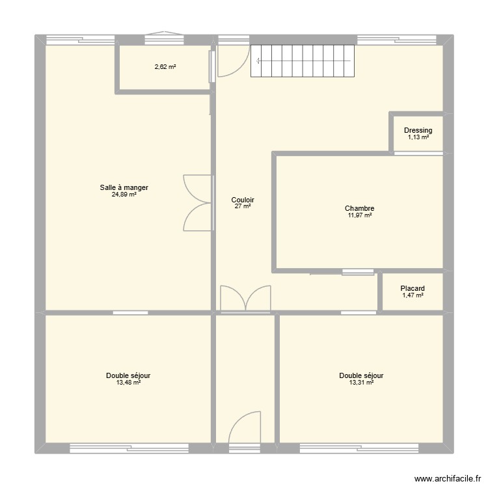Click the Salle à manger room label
[124, 187]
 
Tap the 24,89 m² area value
[124, 194]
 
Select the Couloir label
[243, 200]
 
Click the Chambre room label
[359, 209]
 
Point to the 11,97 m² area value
[359, 215]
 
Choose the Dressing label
[418, 131]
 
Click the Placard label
[413, 288]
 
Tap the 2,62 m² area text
[165, 66]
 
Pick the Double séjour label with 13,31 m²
[361, 375]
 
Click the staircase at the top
[303, 62]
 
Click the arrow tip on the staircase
[259, 62]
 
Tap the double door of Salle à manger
[198, 203]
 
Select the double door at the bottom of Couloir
[245, 298]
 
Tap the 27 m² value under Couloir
[243, 206]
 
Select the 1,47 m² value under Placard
[413, 295]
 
